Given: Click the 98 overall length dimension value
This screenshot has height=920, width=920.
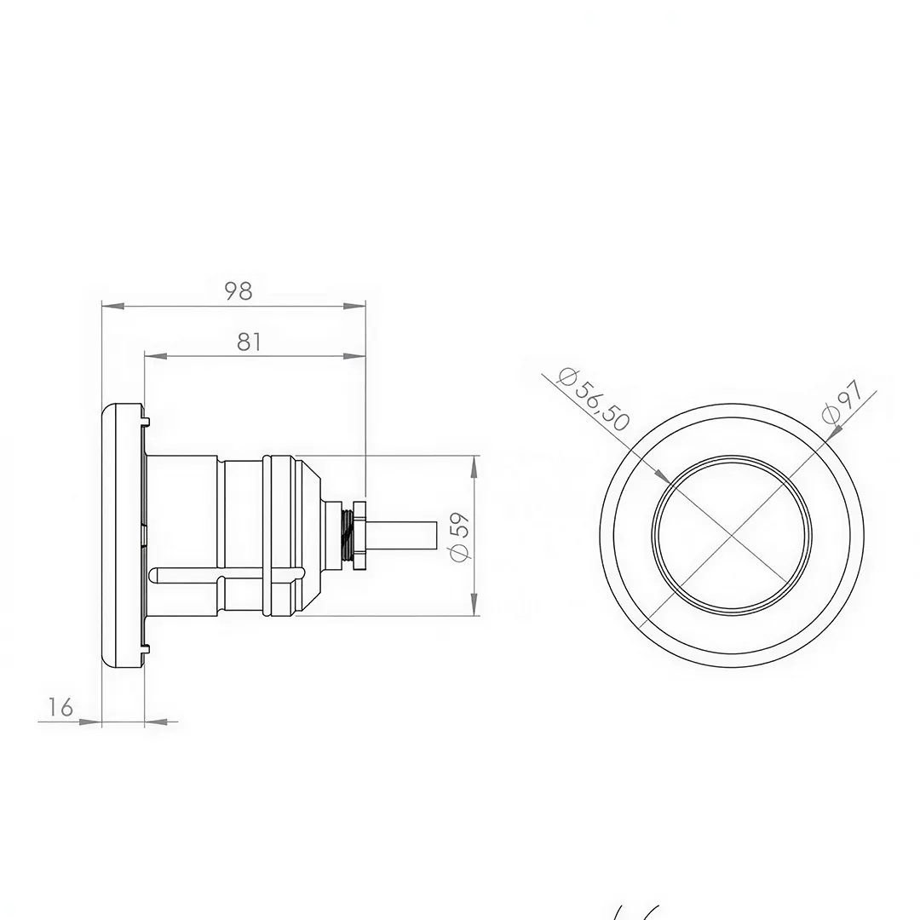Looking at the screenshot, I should coord(239,291).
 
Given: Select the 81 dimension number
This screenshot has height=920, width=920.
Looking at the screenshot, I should coord(249,342).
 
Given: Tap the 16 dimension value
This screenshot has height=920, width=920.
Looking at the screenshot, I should coord(60,707).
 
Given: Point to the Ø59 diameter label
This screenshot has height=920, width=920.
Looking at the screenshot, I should coord(459,537).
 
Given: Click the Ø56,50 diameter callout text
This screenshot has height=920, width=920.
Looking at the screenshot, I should coord(594,400).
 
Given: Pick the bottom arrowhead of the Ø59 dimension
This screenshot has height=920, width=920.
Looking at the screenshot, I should coord(474,606).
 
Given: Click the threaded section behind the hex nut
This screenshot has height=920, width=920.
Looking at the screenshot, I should coord(349,535).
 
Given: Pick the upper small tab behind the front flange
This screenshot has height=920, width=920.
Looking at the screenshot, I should coord(145,420).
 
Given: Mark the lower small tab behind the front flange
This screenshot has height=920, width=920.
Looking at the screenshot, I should coord(145,649).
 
